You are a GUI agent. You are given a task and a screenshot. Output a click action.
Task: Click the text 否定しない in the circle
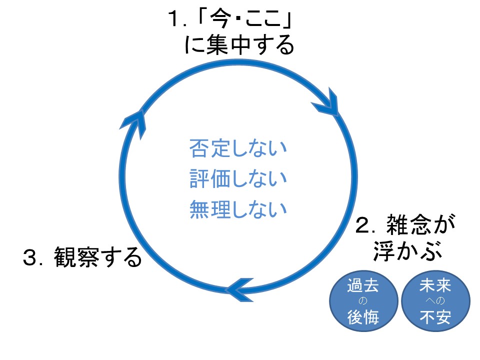click(x=238, y=149)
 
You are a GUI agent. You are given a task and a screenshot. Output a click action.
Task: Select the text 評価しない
click(x=238, y=178)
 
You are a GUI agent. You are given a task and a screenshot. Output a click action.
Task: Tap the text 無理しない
click(x=238, y=208)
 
